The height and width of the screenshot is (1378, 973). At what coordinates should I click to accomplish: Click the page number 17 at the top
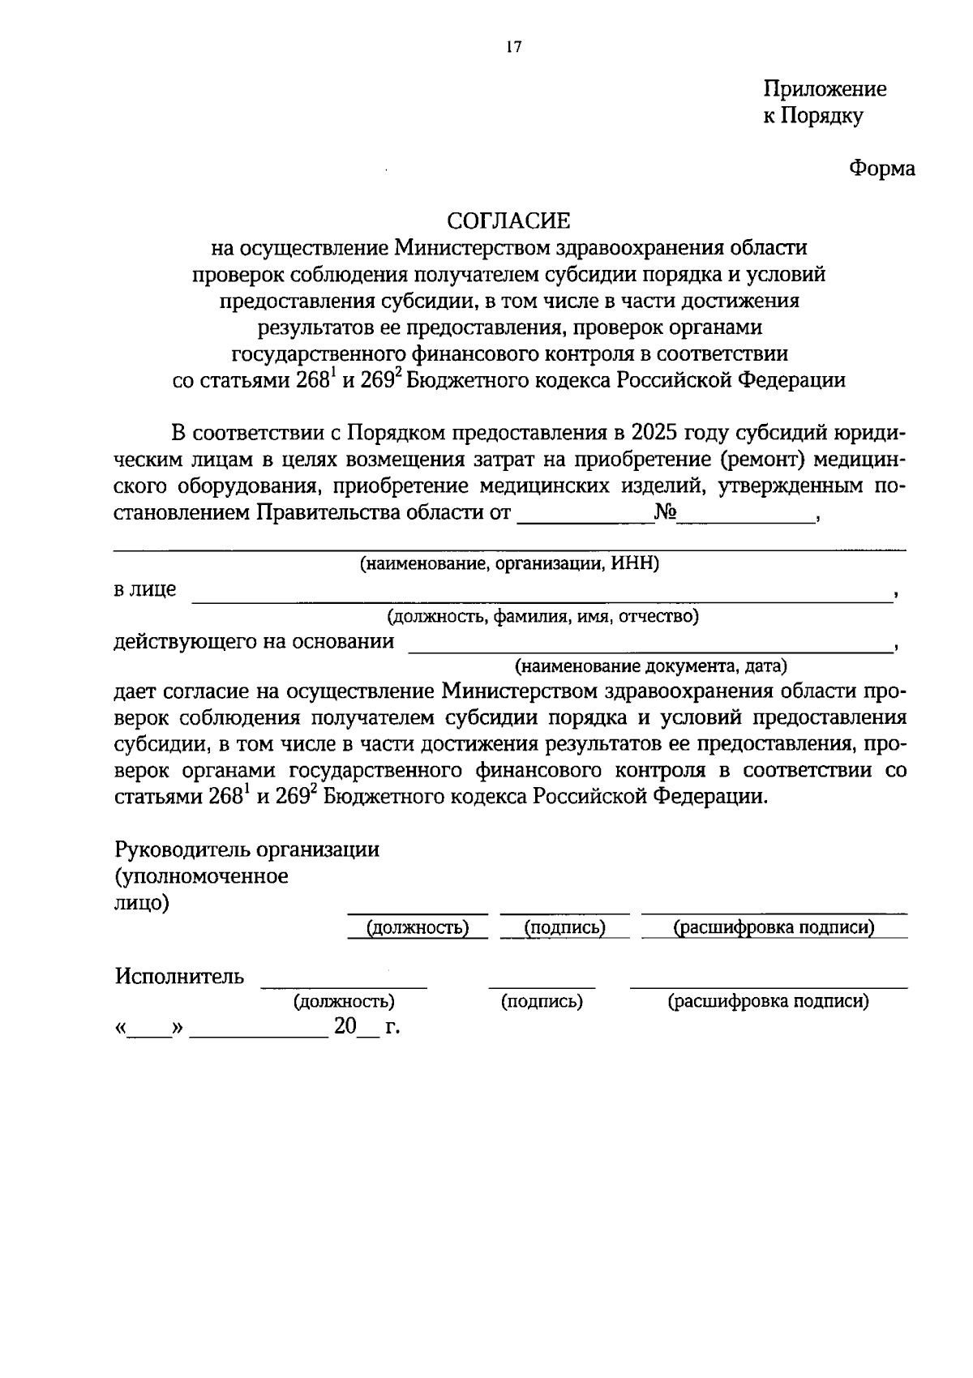click(x=512, y=47)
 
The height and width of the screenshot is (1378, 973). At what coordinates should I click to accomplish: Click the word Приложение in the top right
click(x=825, y=88)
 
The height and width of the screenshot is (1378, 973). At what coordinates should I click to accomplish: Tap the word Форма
click(x=882, y=169)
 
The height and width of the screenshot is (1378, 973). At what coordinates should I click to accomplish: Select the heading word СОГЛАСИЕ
click(x=510, y=220)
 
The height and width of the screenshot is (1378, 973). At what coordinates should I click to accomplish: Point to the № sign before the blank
click(x=666, y=512)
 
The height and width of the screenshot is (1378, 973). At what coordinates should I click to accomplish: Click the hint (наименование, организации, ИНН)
click(x=509, y=564)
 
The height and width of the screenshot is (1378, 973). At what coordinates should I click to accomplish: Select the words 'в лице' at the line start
click(x=144, y=589)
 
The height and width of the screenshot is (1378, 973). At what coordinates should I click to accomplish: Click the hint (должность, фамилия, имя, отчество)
click(x=542, y=617)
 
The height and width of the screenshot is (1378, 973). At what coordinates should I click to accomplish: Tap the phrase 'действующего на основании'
click(x=254, y=642)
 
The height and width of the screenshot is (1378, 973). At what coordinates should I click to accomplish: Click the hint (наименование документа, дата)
click(x=651, y=667)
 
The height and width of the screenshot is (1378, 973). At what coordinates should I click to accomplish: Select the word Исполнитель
click(x=179, y=976)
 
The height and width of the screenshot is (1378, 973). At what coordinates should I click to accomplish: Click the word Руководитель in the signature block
click(x=182, y=849)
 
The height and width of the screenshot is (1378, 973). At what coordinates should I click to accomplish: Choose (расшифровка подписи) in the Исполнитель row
click(x=768, y=1002)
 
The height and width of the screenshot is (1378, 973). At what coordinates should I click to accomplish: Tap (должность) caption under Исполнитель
click(x=344, y=1002)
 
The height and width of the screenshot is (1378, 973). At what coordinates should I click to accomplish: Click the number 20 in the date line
click(x=345, y=1027)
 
